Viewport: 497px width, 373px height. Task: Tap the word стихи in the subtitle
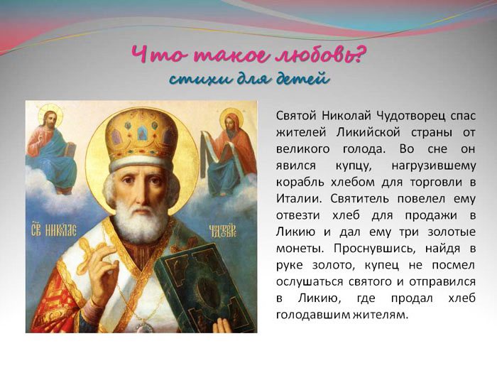pyautogui.click(x=196, y=79)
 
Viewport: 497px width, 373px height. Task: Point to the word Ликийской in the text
pyautogui.click(x=368, y=133)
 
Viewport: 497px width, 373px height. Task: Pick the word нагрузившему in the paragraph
pyautogui.click(x=434, y=166)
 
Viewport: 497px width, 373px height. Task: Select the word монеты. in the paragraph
pyautogui.click(x=300, y=249)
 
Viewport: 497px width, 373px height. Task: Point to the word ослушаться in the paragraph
pyautogui.click(x=310, y=281)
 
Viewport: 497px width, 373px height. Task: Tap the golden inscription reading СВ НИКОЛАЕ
pyautogui.click(x=53, y=231)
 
